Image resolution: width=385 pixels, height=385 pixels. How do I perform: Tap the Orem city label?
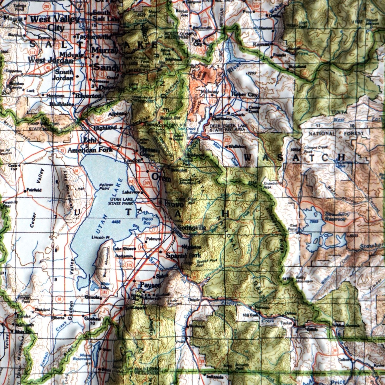click(161, 177)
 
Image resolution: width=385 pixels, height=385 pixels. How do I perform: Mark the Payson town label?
click(150, 285)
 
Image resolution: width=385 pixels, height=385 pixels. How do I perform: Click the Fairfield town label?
click(33, 190)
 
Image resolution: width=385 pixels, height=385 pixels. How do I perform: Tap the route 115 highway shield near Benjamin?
click(129, 264)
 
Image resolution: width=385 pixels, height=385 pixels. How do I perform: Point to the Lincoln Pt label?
click(100, 238)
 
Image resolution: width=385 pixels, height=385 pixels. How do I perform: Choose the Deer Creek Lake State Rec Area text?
click(227, 128)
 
